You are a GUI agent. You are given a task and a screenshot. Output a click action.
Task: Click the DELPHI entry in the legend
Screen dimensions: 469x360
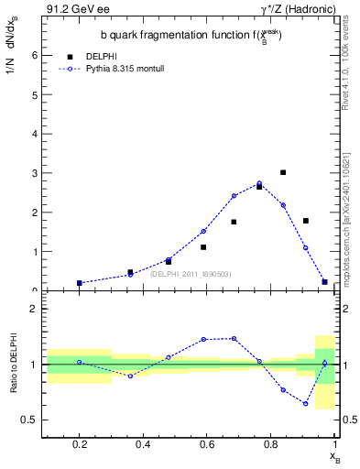pyautogui.click(x=100, y=55)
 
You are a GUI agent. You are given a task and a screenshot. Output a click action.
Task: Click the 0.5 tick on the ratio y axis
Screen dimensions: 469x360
pyautogui.click(x=33, y=420)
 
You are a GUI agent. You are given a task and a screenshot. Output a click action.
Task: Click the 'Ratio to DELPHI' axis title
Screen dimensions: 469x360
pyautogui.click(x=14, y=365)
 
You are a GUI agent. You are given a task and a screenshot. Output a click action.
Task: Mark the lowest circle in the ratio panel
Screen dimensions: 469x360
pyautogui.click(x=306, y=403)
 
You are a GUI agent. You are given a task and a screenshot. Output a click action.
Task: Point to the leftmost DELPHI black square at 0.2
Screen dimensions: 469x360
pyautogui.click(x=80, y=283)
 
